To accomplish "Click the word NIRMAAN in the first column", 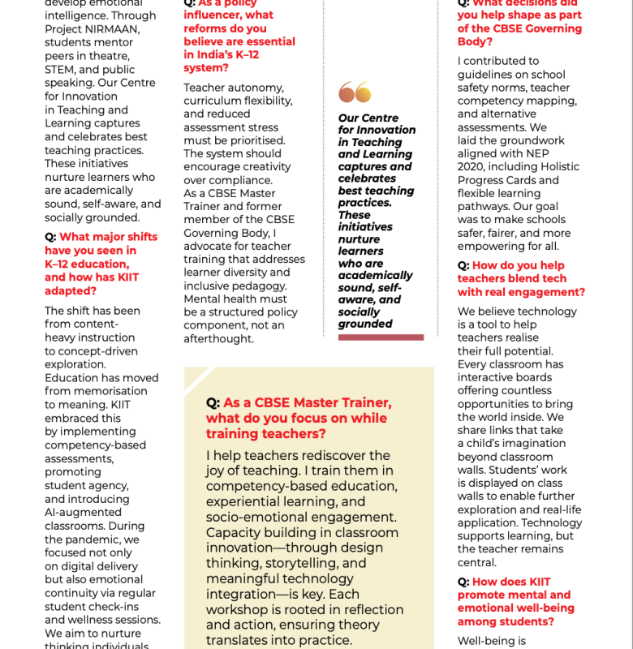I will pos(115,29).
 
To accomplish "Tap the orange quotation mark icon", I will pos(355,92).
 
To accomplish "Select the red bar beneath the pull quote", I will pos(381,337).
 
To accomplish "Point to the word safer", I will pos(476,233).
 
